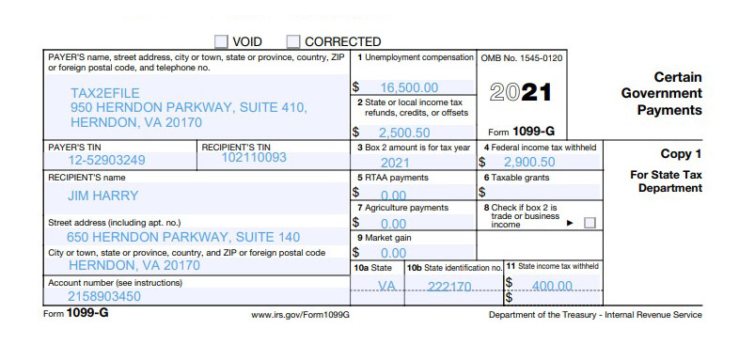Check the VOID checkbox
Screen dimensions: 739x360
point(221,41)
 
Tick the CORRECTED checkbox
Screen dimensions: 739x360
point(293,41)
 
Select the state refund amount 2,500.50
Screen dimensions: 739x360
point(404,133)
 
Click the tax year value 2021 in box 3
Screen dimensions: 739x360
point(395,163)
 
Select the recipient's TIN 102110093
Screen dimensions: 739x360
point(254,158)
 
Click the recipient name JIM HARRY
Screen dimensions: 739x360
point(103,196)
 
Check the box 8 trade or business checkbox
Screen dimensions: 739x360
point(590,223)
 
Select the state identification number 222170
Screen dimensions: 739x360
point(449,286)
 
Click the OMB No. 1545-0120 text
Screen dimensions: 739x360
point(522,58)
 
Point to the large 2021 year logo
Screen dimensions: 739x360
point(521,93)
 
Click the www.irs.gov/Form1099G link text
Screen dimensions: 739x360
point(300,315)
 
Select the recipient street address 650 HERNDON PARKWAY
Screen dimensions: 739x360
point(183,237)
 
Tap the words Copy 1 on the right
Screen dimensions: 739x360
point(682,153)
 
